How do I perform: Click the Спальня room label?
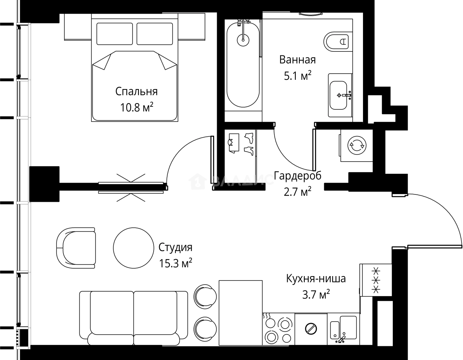[136, 91]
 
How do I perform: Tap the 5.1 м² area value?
[297, 76]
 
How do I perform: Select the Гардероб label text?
[298, 176]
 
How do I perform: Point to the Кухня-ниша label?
[316, 278]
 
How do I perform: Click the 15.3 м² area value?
[175, 264]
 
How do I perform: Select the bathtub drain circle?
[243, 38]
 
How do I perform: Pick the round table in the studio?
[133, 247]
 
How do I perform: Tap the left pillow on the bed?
[114, 34]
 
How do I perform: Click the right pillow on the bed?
[154, 34]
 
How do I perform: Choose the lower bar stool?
[205, 329]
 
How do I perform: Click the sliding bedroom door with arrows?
[131, 188]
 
